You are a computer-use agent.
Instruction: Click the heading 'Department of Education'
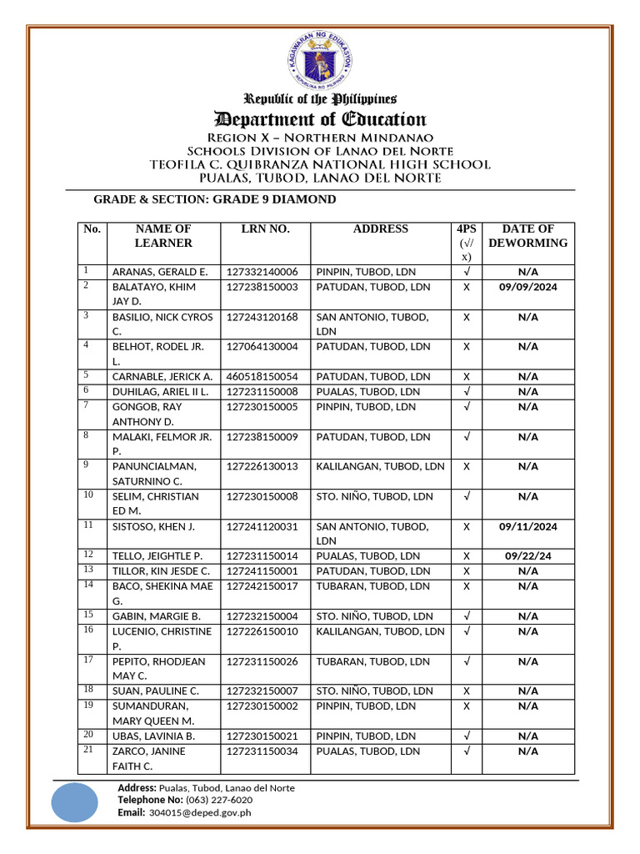coord(320,119)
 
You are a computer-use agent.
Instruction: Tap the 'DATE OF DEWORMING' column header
coord(527,235)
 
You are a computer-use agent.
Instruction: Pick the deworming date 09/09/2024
coord(527,287)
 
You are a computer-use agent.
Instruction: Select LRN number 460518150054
coord(262,377)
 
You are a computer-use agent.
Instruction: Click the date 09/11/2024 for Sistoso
coord(527,527)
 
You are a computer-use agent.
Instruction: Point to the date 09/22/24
coord(527,556)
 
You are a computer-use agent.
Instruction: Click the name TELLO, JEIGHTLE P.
coord(157,556)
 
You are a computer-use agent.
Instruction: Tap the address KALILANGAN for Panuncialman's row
coord(380,467)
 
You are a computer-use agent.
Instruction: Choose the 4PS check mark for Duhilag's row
coord(467,392)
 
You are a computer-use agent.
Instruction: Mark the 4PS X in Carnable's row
coord(467,377)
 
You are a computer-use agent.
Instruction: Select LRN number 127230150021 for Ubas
coord(262,736)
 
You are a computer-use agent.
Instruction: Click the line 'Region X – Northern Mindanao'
coord(320,138)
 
